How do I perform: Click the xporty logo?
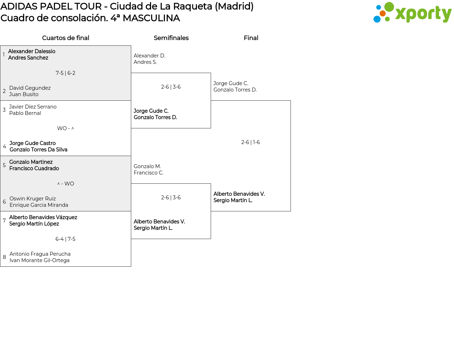point(412,13)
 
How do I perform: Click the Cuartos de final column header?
point(66,38)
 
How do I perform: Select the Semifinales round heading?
point(171,38)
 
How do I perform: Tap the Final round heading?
point(251,38)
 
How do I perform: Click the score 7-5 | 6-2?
point(66,73)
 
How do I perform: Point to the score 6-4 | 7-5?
point(66,239)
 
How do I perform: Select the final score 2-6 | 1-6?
point(250,142)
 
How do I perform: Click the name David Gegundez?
point(30,88)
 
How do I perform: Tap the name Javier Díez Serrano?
point(33,107)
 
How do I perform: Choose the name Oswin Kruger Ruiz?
point(33,199)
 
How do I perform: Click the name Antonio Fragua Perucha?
point(40,254)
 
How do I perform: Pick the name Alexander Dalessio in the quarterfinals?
point(32,51)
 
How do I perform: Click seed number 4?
point(4,146)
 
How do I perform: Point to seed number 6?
point(4,202)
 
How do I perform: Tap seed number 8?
point(4,257)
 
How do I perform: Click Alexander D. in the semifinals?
point(149,56)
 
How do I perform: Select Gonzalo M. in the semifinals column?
point(147,166)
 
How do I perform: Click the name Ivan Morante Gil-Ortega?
point(39,260)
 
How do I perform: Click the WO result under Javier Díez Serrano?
point(62,128)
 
